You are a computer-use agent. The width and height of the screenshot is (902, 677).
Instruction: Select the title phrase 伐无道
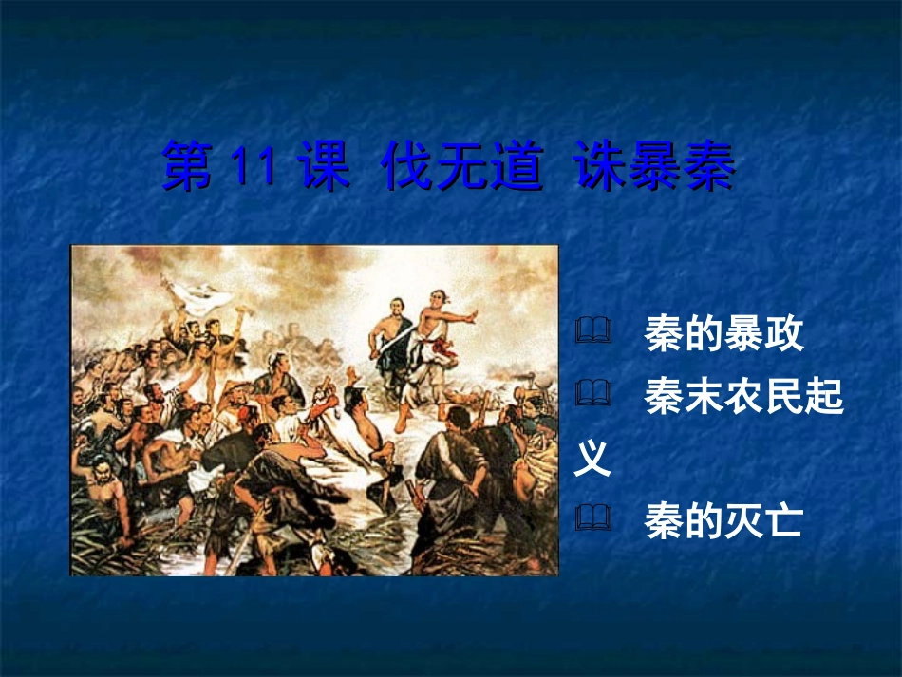[461, 168]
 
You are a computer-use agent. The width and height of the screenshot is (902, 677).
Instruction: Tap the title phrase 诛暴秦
[655, 168]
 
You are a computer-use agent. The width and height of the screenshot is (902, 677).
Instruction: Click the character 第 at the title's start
[189, 168]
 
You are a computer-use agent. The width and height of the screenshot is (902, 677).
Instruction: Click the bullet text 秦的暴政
[723, 334]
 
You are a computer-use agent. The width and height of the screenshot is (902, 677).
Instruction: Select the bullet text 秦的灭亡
[723, 520]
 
